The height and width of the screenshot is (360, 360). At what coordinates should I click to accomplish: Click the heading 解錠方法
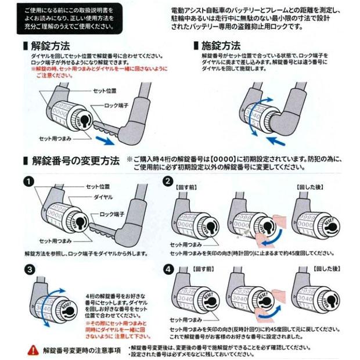point(48,45)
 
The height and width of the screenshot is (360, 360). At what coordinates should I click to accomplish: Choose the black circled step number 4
point(168,269)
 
